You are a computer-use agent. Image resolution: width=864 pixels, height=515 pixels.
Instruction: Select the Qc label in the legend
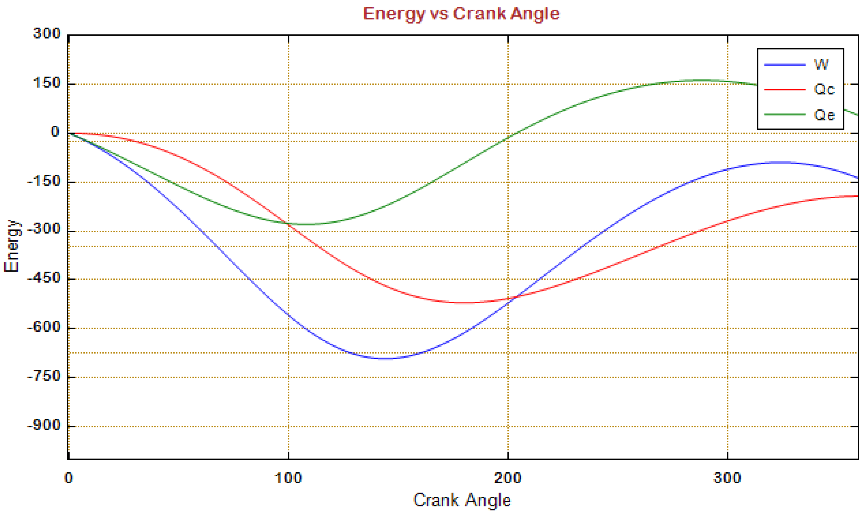[x=824, y=90]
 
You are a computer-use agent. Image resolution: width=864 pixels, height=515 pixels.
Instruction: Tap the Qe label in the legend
[x=824, y=115]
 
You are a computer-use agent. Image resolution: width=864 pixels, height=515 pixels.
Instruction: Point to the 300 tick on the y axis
[x=47, y=34]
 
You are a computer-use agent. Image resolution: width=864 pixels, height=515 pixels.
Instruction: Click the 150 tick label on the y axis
[x=47, y=83]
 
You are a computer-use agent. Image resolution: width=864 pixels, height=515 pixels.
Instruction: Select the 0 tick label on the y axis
[x=55, y=132]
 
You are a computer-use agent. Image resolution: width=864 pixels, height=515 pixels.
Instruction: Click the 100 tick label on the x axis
[x=288, y=478]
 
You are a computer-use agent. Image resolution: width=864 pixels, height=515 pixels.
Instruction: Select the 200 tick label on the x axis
[x=508, y=478]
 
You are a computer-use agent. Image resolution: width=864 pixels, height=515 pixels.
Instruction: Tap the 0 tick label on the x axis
[x=69, y=478]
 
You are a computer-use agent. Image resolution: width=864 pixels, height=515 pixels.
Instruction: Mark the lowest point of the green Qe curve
[x=307, y=224]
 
